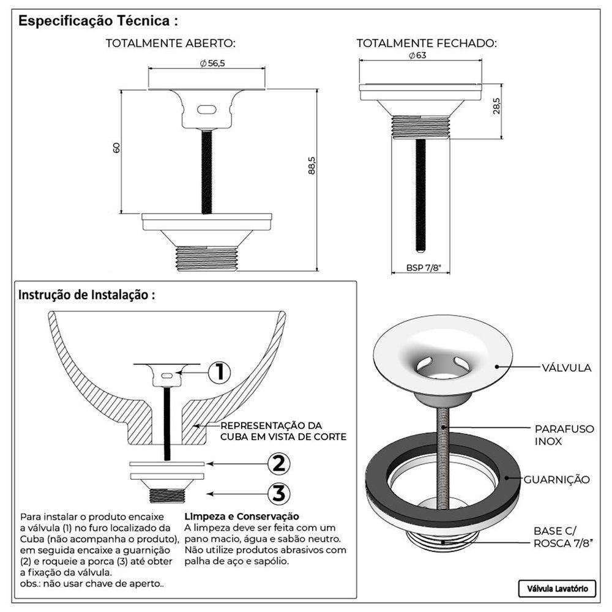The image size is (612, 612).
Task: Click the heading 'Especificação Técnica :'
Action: (x=98, y=21)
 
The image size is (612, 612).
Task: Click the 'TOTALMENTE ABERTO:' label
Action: (x=171, y=43)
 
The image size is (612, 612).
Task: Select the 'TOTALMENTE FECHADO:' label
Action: (x=427, y=43)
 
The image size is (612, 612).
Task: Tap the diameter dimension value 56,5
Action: (x=212, y=64)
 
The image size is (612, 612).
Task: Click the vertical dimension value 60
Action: (x=117, y=148)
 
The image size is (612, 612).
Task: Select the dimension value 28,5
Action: (x=496, y=105)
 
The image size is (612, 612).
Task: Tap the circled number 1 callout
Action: (x=219, y=373)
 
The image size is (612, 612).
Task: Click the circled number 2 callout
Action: (x=278, y=464)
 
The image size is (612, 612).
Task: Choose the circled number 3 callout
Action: (x=278, y=494)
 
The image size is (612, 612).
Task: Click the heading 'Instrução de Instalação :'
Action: (x=87, y=295)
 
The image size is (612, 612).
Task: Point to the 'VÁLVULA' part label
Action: (x=566, y=368)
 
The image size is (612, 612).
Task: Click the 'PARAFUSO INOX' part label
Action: (x=564, y=435)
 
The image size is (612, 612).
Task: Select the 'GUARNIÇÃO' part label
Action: (x=557, y=479)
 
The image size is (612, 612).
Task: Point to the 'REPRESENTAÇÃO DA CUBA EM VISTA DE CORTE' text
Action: (x=283, y=431)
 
